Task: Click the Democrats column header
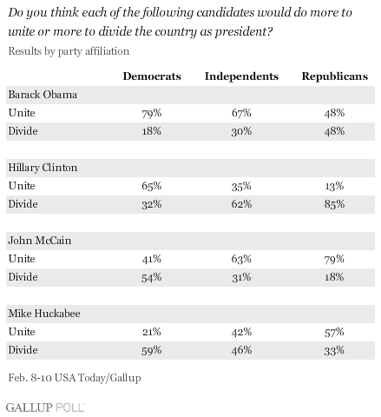click(152, 76)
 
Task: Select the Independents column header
click(241, 76)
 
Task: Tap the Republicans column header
click(335, 76)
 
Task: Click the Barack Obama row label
click(43, 95)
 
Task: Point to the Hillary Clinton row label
click(43, 168)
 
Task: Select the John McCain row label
click(40, 241)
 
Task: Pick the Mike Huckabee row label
click(44, 314)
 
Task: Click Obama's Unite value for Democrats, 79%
click(152, 113)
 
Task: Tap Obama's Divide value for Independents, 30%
click(241, 131)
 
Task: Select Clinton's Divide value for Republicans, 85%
click(334, 204)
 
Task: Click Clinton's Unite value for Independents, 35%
click(241, 186)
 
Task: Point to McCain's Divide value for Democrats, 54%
click(152, 277)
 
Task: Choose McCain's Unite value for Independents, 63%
click(241, 259)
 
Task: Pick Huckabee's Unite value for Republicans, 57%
click(334, 332)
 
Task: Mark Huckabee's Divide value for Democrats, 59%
click(152, 350)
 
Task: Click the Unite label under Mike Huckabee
click(22, 332)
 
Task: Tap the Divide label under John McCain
click(23, 277)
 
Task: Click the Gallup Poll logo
click(45, 407)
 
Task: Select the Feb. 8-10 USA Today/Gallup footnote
click(75, 378)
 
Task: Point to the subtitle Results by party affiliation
click(69, 51)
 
